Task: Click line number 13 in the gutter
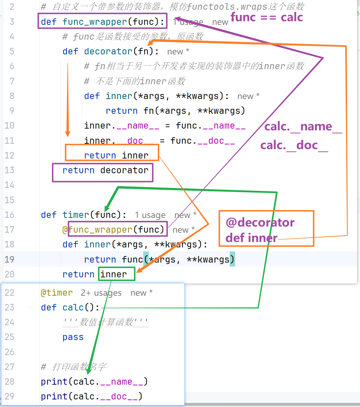[x=9, y=170]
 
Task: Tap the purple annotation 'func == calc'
[x=267, y=17]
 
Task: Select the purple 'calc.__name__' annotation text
[x=303, y=127]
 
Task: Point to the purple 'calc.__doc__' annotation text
[x=294, y=146]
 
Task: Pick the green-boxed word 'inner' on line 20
[x=114, y=274]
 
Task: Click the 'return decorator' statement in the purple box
[x=105, y=170]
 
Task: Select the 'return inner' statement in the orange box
[x=116, y=156]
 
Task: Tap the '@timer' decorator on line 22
[x=57, y=293]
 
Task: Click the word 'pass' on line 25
[x=73, y=337]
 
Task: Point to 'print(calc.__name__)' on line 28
[x=94, y=381]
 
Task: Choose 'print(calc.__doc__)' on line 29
[x=91, y=396]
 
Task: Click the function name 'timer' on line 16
[x=76, y=215]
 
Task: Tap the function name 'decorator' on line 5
[x=108, y=52]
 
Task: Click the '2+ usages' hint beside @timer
[x=101, y=293]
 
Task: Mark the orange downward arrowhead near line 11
[x=68, y=133]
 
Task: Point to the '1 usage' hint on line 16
[x=150, y=215]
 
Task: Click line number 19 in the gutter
[x=9, y=259]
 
